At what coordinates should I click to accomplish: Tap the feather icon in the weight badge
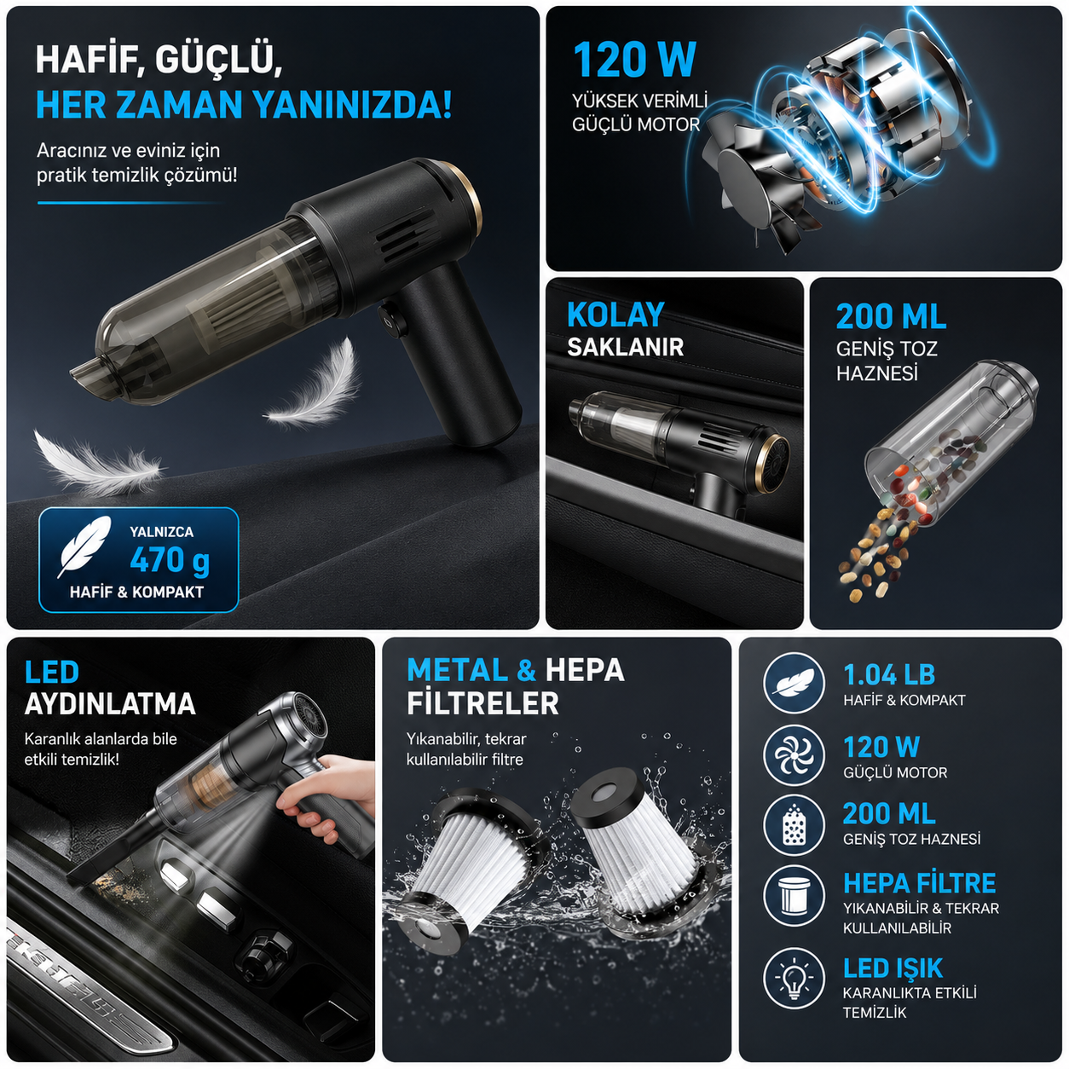[x=84, y=547]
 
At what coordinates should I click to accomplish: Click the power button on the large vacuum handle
[x=389, y=320]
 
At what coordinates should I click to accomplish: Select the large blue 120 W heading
[x=634, y=60]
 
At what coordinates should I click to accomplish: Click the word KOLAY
[x=615, y=315]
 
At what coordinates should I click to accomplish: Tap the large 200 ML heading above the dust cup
[x=891, y=317]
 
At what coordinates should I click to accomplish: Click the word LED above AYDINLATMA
[x=52, y=673]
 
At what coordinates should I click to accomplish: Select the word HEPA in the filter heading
[x=585, y=670]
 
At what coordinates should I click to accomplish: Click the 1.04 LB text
[x=889, y=675]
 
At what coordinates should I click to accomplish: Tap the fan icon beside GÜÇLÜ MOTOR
[x=794, y=754]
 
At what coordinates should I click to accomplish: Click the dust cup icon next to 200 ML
[x=794, y=825]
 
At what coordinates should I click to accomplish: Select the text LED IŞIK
[x=893, y=968]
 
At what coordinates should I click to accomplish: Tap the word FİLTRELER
[x=482, y=704]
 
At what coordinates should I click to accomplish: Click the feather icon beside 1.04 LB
[x=794, y=682]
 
